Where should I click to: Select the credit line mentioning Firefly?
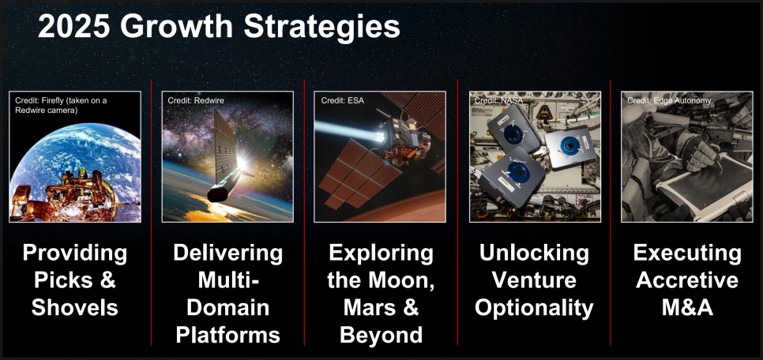tap(61, 105)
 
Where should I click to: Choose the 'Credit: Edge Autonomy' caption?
tap(669, 101)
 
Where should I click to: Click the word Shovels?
tap(75, 308)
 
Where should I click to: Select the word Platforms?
tap(227, 336)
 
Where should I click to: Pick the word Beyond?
tap(381, 336)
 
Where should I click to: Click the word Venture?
tap(534, 280)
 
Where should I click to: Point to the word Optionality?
tap(534, 308)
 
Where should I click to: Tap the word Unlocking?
tap(534, 253)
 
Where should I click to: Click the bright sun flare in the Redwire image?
tap(242, 164)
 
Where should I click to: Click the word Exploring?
tap(381, 253)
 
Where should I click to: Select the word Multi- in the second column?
tap(227, 280)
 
